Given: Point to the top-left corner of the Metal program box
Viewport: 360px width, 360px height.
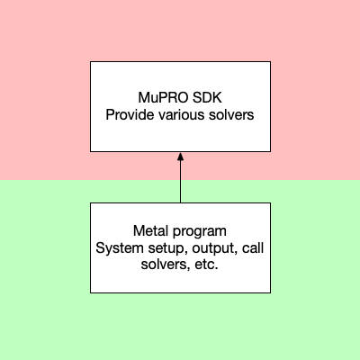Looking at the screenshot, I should click(x=90, y=202).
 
